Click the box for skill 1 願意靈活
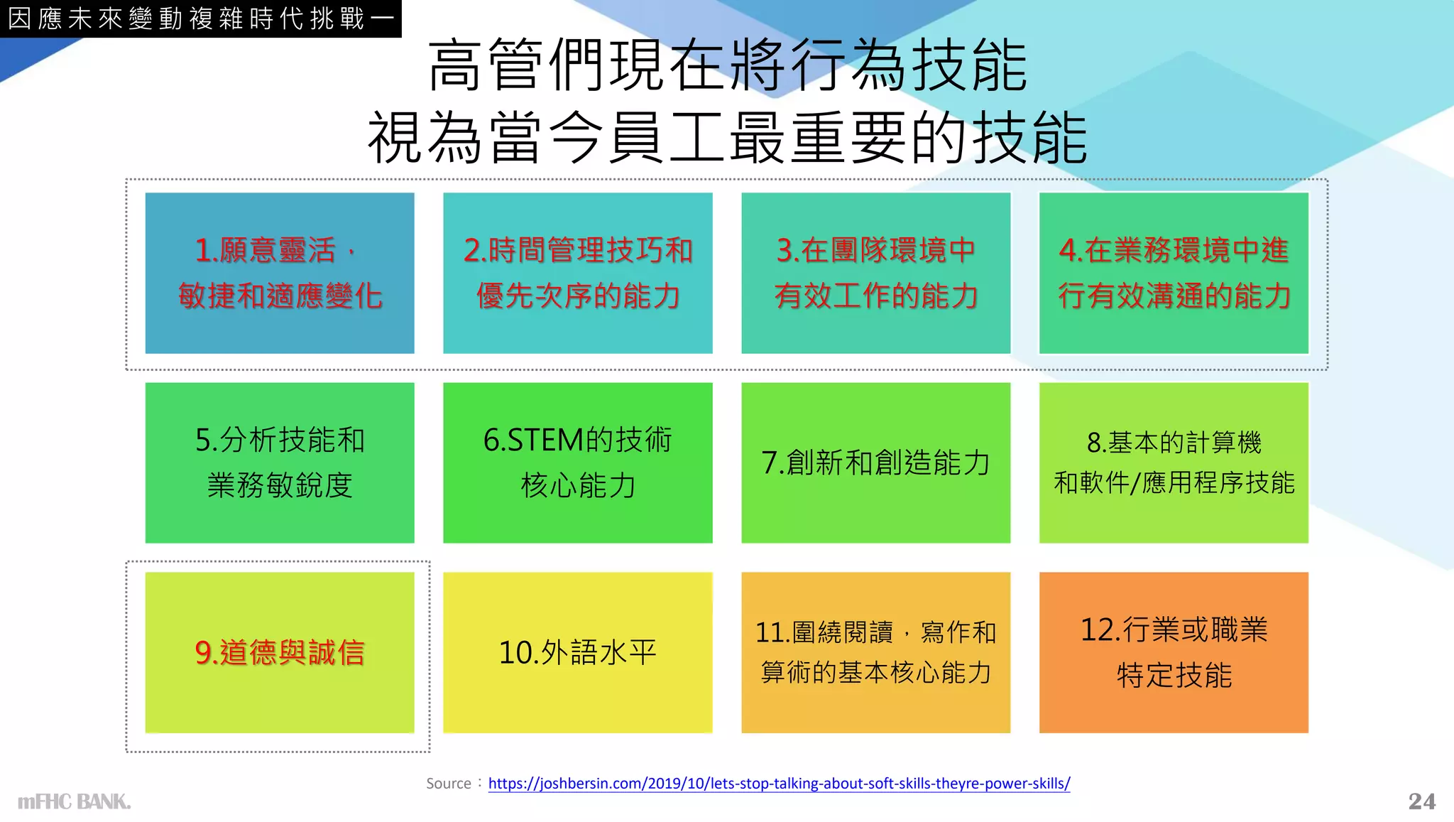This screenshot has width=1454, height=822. click(x=280, y=273)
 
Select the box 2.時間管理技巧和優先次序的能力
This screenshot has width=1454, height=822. click(x=577, y=273)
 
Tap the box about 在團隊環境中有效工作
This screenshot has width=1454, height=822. click(x=875, y=273)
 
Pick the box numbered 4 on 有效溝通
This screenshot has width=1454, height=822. click(x=1174, y=273)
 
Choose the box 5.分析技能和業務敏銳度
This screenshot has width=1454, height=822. click(x=280, y=463)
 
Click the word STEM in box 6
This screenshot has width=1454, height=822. click(x=545, y=440)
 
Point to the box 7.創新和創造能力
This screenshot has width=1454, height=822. click(x=875, y=463)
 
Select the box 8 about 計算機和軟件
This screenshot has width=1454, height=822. click(x=1174, y=463)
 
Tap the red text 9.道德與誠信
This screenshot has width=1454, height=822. click(x=280, y=652)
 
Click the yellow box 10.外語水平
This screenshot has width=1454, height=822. click(x=577, y=652)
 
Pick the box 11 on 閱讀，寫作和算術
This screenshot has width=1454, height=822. click(x=875, y=652)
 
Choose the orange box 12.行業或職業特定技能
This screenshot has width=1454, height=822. click(x=1174, y=652)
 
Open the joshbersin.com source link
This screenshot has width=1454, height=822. click(x=779, y=784)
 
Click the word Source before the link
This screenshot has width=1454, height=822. click(x=449, y=784)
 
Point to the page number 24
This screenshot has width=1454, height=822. click(x=1421, y=801)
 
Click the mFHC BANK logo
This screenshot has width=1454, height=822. click(x=74, y=802)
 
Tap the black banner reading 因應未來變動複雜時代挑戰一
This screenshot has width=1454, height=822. click(x=201, y=18)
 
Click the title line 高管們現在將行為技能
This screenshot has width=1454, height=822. click(x=728, y=66)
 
